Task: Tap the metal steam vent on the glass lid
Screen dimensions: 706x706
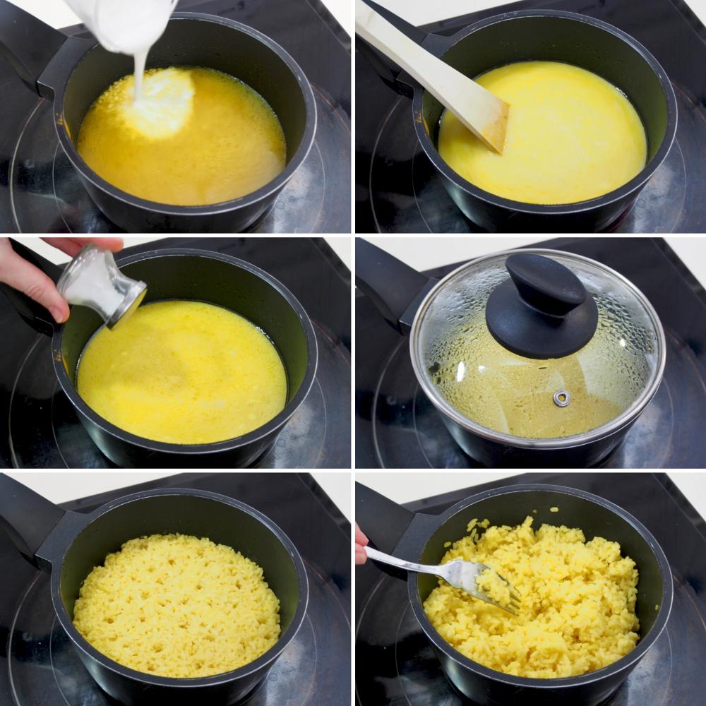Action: coord(561,398)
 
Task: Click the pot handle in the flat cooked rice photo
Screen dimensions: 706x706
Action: coord(32,526)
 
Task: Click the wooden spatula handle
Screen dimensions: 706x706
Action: coord(417,56)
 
